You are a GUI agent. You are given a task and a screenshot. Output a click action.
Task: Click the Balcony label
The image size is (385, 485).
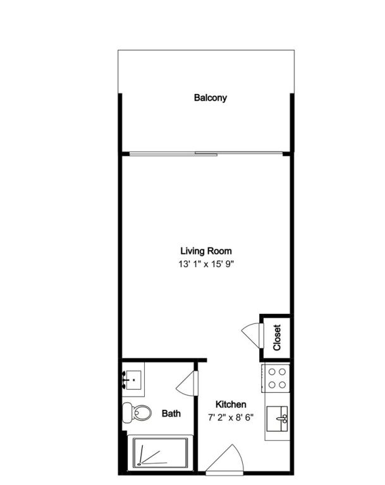tap(211, 98)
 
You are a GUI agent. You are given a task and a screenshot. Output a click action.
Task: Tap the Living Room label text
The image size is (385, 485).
tap(206, 251)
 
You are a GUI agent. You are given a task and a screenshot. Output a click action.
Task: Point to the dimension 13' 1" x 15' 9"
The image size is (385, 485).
tap(205, 264)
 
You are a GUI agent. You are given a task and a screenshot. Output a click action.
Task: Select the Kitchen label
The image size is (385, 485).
tap(231, 404)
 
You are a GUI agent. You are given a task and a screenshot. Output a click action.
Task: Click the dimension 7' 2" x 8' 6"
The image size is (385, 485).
tap(231, 417)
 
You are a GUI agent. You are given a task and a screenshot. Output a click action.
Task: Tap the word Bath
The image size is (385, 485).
tap(171, 413)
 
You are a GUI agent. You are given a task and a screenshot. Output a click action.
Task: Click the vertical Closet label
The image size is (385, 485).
tap(277, 337)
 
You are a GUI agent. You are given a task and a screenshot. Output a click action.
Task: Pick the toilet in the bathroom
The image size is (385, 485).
tap(137, 412)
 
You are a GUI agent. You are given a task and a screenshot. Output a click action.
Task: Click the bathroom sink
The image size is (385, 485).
tap(133, 380)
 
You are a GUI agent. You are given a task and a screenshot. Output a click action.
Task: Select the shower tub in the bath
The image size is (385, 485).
tap(161, 453)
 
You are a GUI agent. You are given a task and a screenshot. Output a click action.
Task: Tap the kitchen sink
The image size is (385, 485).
tap(277, 419)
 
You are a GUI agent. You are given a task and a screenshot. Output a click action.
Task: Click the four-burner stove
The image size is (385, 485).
tap(276, 378)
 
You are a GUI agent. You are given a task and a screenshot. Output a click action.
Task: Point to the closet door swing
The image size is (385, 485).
tap(252, 335)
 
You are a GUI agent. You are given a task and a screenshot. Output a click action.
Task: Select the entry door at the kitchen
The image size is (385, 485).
tap(225, 460)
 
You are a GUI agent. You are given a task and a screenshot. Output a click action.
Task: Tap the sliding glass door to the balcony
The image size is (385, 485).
tap(206, 153)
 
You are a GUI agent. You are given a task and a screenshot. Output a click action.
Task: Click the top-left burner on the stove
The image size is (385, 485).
tap(272, 372)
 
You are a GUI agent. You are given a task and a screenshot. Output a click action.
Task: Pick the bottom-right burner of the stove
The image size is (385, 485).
tap(282, 385)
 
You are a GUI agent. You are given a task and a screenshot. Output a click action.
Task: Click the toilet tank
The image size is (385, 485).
tap(127, 412)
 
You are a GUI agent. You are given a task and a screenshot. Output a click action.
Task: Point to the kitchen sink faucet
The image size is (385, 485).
tap(283, 419)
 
